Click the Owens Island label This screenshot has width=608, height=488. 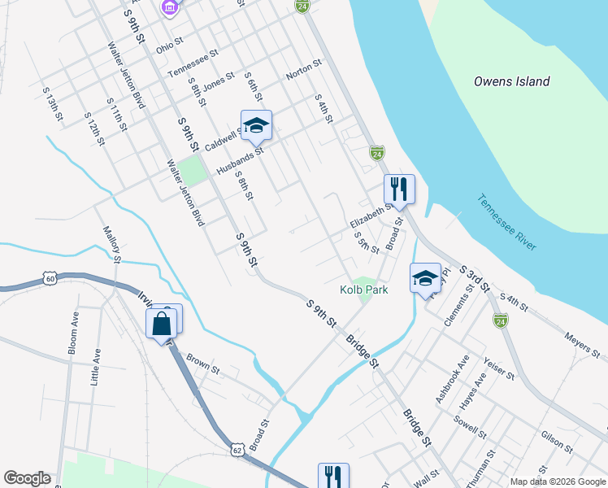click(x=512, y=81)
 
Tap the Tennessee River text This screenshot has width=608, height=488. click(x=506, y=222)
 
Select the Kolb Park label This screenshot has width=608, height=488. click(x=363, y=290)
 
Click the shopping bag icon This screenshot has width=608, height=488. click(x=162, y=324)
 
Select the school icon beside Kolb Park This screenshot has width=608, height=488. click(x=425, y=278)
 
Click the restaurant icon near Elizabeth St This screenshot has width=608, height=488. click(x=399, y=190)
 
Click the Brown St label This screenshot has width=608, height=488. click(x=203, y=363)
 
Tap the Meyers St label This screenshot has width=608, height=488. click(x=583, y=345)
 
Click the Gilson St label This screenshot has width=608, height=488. click(x=558, y=441)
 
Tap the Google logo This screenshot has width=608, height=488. click(x=27, y=478)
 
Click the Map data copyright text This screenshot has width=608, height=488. click(x=557, y=481)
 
